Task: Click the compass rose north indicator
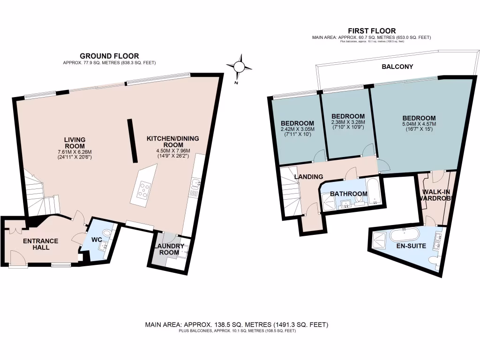239,67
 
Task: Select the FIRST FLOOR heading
372,31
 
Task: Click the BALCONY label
397,67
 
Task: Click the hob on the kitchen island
143,189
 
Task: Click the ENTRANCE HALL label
41,244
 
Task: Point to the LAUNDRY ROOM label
170,249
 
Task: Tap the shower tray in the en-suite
378,240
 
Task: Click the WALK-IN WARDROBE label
436,195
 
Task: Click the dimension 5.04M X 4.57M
419,124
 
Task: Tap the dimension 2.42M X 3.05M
297,129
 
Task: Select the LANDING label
309,177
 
